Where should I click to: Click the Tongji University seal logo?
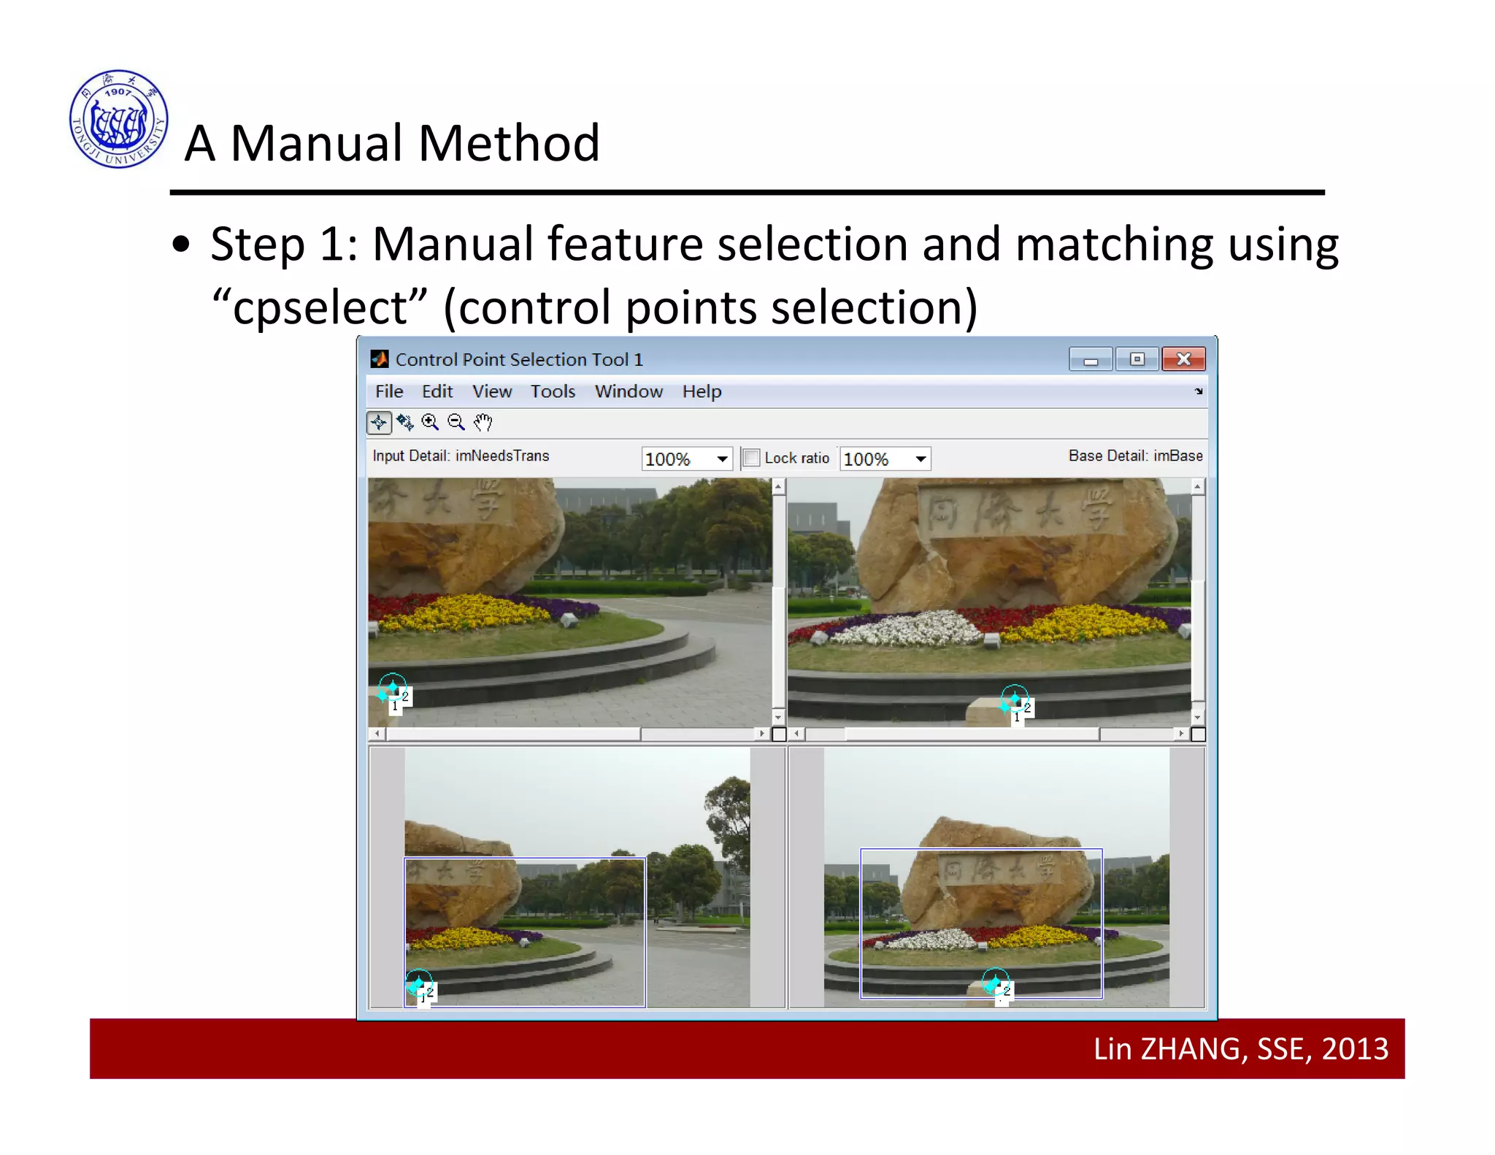tap(118, 119)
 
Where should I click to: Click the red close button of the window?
tap(1183, 359)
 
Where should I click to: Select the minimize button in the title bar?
tap(1091, 359)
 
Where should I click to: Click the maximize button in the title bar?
tap(1137, 359)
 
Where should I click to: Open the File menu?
tap(388, 392)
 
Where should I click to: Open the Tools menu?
tap(553, 392)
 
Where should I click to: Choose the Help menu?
tap(702, 392)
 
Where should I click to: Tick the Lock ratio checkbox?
tap(750, 458)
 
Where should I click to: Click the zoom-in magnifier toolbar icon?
tap(430, 423)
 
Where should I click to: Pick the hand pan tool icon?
tap(483, 423)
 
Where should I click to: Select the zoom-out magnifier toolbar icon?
tap(456, 423)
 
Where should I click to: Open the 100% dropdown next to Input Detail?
tap(722, 459)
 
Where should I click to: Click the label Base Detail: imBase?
tap(1135, 456)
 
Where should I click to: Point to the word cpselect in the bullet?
tap(320, 307)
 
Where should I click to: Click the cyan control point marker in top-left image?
tap(392, 688)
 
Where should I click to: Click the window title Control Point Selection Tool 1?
tap(519, 360)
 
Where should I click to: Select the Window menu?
tap(629, 392)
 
